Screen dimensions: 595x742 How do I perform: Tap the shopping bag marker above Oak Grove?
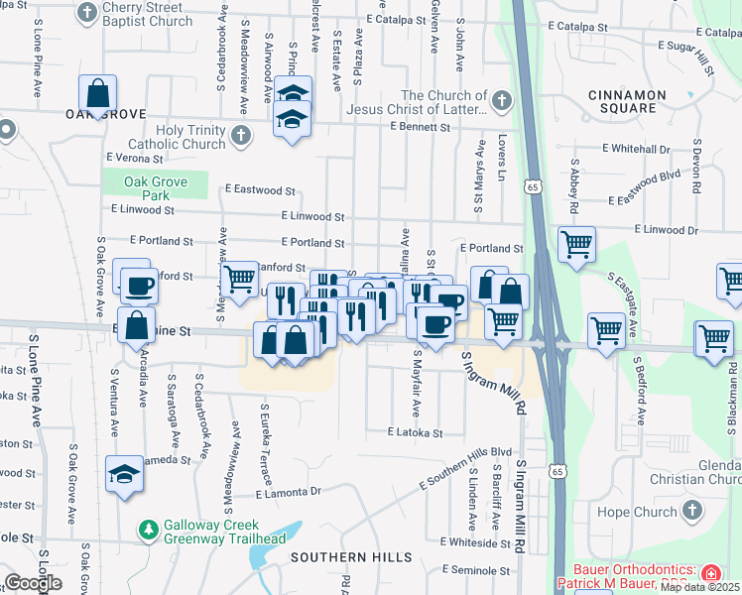pyautogui.click(x=99, y=94)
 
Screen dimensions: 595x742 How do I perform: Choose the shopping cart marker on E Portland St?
pyautogui.click(x=575, y=243)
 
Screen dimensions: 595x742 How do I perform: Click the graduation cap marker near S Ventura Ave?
pyautogui.click(x=125, y=474)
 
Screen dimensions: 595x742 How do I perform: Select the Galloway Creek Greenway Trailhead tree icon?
pyautogui.click(x=149, y=531)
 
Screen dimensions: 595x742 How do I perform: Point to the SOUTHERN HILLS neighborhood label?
pyautogui.click(x=350, y=557)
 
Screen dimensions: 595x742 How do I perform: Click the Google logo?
pyautogui.click(x=33, y=583)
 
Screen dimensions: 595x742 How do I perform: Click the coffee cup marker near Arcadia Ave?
pyautogui.click(x=139, y=286)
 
